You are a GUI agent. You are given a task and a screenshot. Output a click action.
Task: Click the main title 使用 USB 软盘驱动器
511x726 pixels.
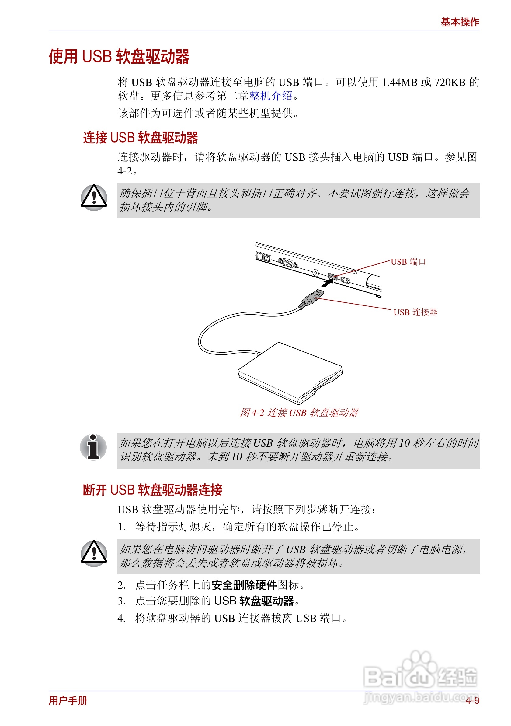[x=119, y=57]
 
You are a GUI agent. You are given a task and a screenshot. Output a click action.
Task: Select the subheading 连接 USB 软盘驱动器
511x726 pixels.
[x=140, y=138]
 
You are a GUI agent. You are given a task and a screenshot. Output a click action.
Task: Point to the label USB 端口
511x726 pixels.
[x=408, y=262]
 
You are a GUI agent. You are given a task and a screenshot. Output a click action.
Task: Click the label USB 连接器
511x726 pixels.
[x=415, y=312]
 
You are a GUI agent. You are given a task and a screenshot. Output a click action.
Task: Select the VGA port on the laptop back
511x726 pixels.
[x=288, y=263]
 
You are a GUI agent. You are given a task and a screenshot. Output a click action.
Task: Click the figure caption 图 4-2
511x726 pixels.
[x=299, y=413]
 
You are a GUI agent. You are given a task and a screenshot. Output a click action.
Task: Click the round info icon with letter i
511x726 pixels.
[x=93, y=447]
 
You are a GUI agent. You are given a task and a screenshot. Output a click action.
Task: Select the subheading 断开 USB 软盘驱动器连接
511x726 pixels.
[x=153, y=490]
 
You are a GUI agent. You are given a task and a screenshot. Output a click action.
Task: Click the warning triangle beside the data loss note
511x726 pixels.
[x=94, y=553]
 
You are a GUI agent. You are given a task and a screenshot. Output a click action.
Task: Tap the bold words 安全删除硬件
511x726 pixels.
[x=244, y=585]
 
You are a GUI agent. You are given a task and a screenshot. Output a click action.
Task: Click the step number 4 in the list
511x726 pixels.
[x=121, y=618]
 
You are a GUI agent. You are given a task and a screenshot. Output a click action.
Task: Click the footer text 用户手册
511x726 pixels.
[x=68, y=701]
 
